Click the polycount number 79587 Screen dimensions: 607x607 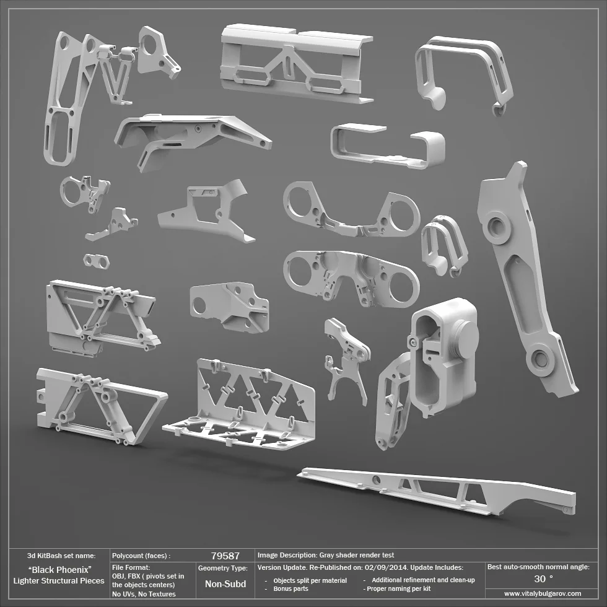[x=225, y=556]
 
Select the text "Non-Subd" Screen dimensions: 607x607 [x=225, y=583]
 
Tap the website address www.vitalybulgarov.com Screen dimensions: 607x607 [x=543, y=593]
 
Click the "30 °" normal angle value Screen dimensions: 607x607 [x=543, y=579]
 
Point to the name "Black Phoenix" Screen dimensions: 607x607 [x=60, y=569]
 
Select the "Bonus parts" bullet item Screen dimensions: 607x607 [x=290, y=588]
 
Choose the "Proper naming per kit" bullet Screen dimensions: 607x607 [x=396, y=588]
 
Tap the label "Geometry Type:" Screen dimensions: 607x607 [x=223, y=567]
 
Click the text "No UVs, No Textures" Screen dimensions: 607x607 [x=144, y=594]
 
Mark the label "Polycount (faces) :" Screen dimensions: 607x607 [x=141, y=556]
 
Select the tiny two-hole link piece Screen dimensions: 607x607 [x=96, y=261]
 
